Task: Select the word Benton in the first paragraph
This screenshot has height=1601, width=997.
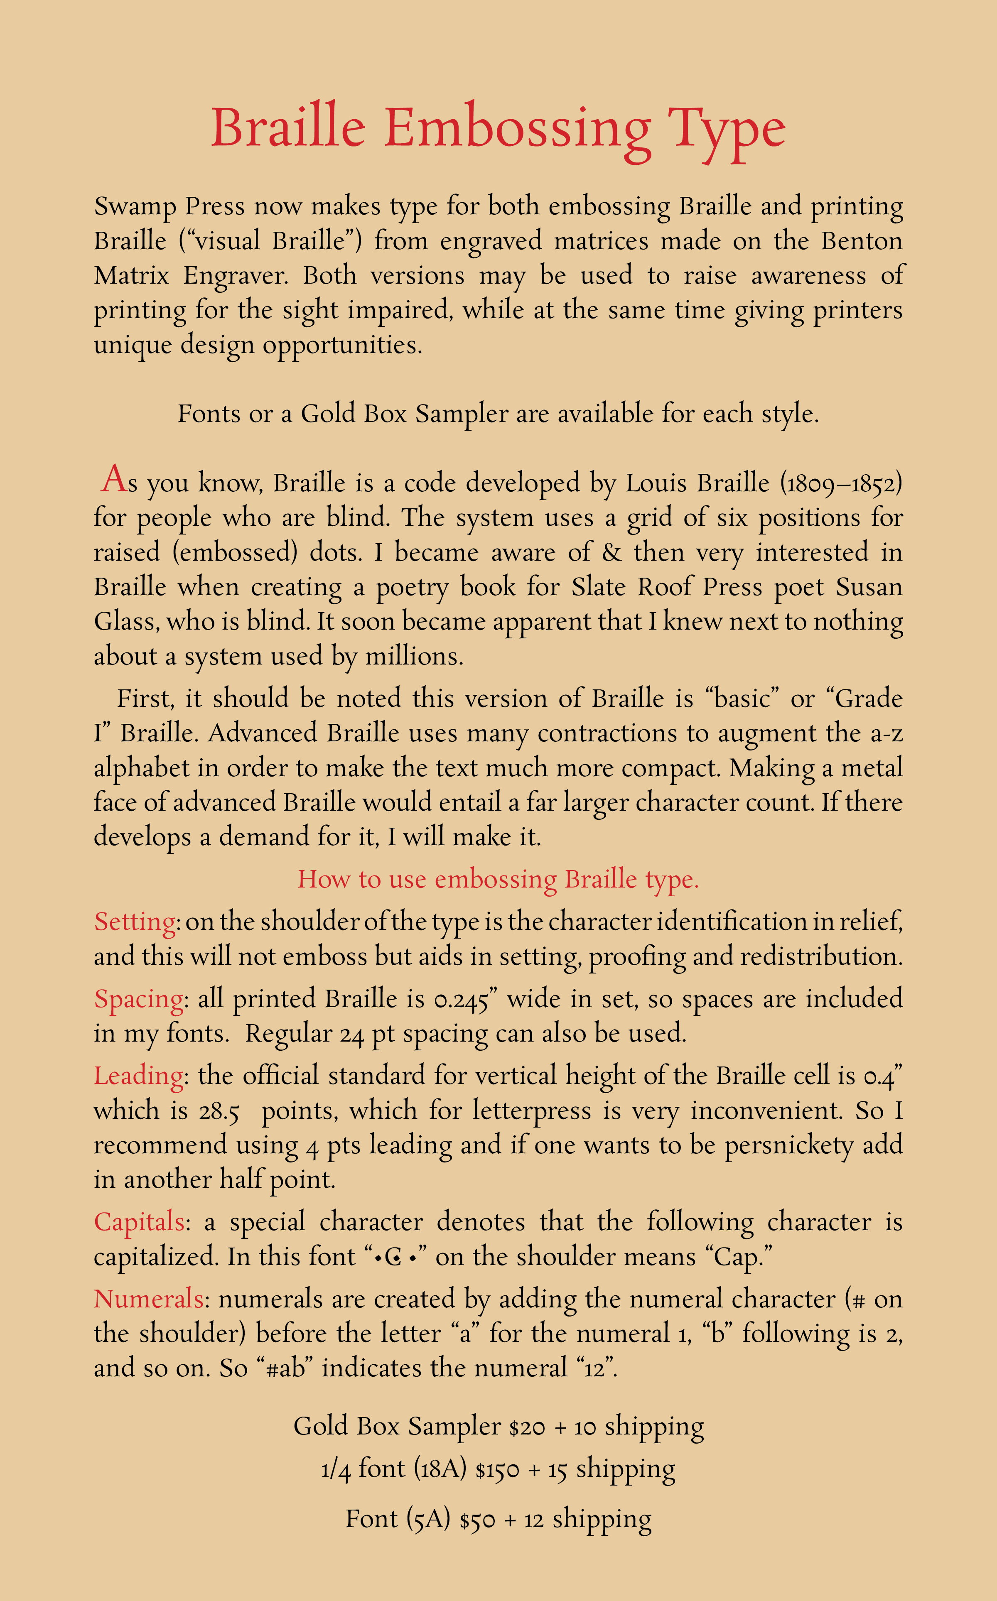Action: (x=861, y=241)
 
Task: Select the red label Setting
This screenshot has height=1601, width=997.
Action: (x=135, y=922)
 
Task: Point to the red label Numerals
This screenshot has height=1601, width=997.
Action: (x=149, y=1299)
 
